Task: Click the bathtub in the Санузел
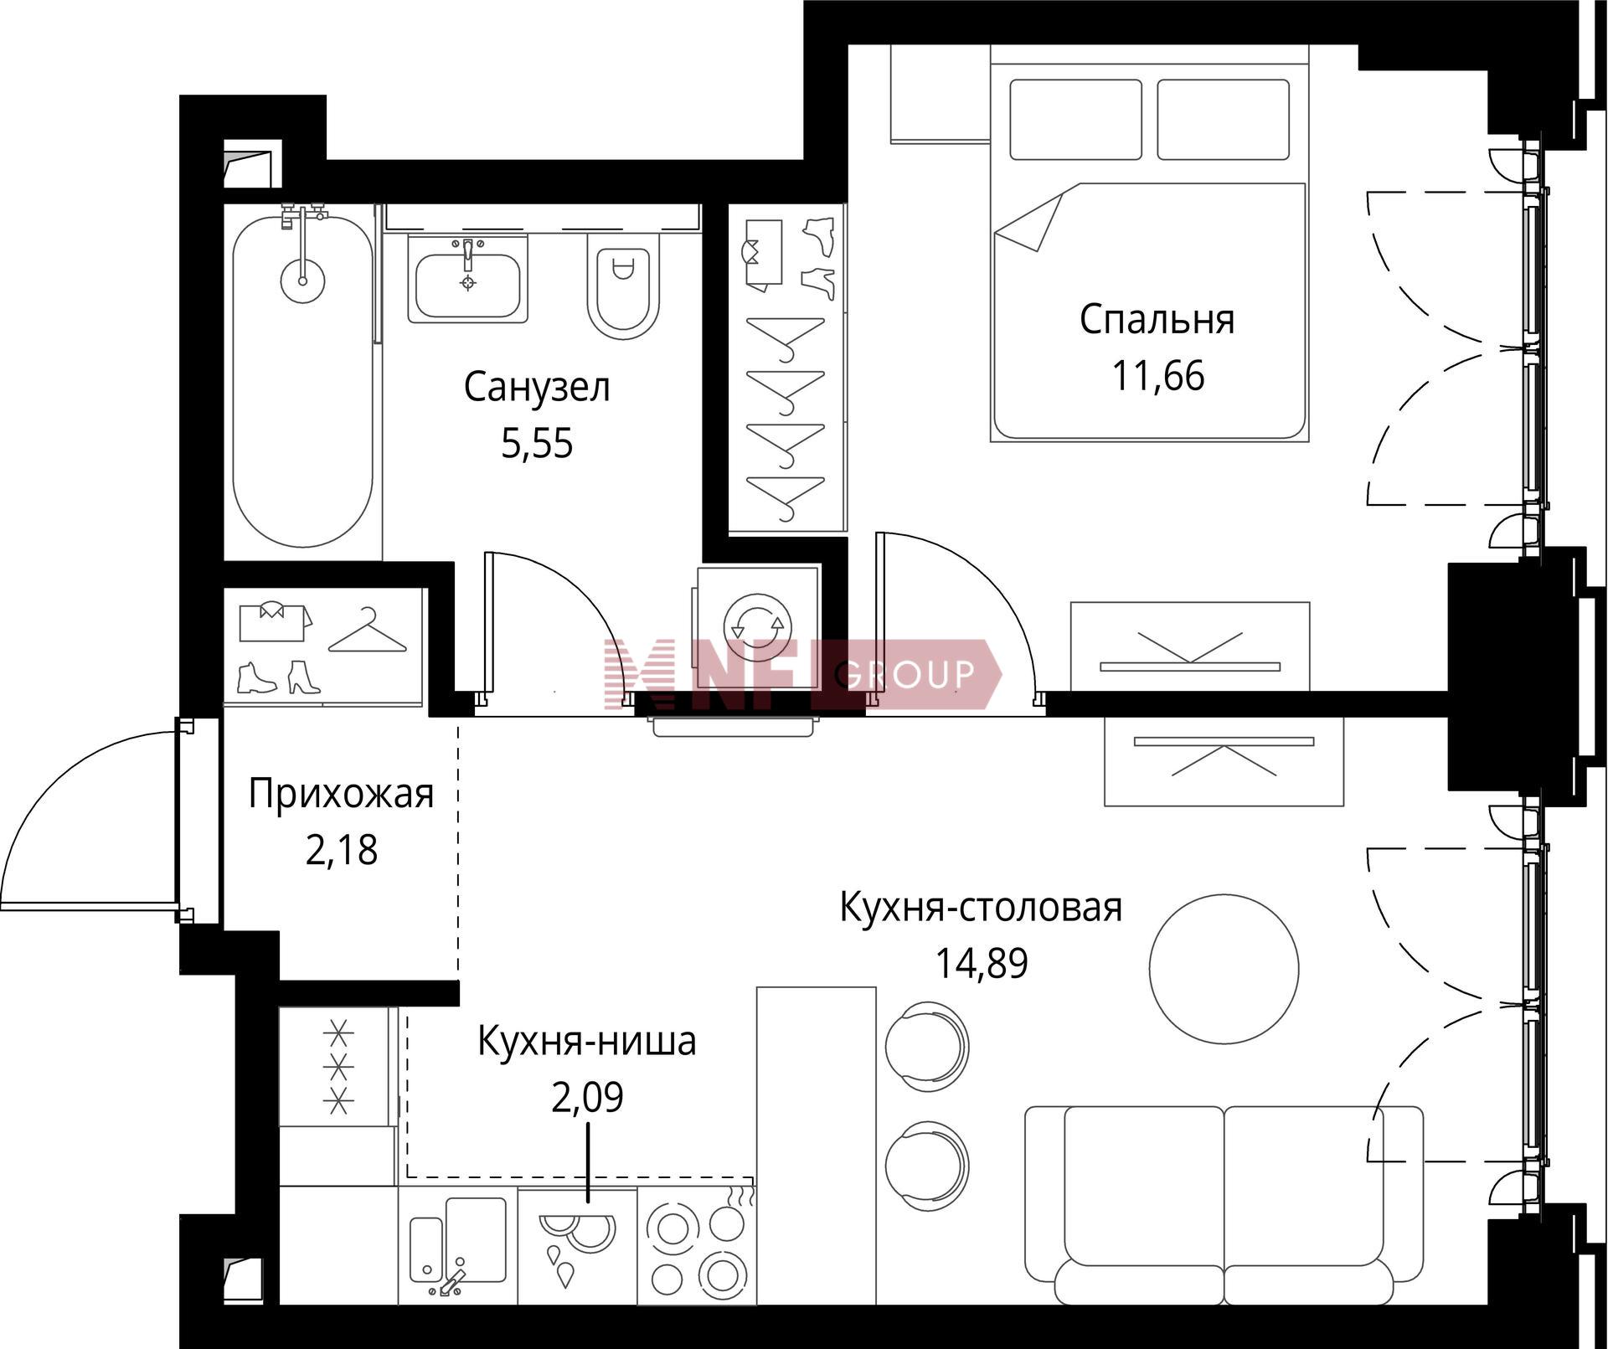(x=302, y=381)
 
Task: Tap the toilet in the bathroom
(x=623, y=286)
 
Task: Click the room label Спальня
(x=1157, y=320)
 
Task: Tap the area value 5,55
(x=537, y=443)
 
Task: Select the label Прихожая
(x=341, y=794)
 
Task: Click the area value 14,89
(x=981, y=964)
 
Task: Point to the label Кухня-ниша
(x=586, y=1042)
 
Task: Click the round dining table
(x=1224, y=968)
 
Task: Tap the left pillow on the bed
(x=1075, y=120)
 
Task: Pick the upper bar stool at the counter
(x=927, y=1046)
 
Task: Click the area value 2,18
(x=341, y=850)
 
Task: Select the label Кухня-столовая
(x=981, y=908)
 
